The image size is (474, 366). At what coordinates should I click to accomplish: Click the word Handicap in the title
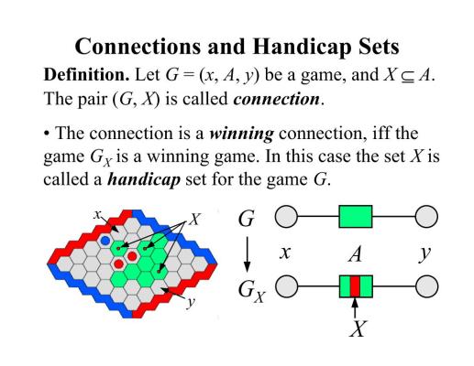301,47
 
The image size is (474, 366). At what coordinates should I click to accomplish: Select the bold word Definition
86,75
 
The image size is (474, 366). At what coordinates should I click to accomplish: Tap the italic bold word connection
276,99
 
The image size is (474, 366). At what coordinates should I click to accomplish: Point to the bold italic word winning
241,135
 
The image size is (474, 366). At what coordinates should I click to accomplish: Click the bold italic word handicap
144,179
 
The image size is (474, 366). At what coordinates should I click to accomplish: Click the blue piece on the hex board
105,241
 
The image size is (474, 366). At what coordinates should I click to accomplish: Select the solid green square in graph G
356,217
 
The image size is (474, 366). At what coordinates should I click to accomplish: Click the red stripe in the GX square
355,286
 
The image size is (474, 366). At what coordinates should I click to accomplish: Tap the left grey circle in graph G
286,216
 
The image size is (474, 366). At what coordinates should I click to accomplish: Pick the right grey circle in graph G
426,216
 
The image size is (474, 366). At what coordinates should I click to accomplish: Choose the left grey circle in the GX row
287,286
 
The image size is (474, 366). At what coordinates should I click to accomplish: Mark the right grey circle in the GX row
426,286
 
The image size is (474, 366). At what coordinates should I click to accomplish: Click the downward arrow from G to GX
247,254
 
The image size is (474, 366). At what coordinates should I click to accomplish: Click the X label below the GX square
357,328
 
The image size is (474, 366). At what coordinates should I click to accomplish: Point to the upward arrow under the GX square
355,308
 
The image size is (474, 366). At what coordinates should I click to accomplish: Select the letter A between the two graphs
356,253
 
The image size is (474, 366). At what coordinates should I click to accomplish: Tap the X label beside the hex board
194,219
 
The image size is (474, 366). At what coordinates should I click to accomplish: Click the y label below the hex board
191,302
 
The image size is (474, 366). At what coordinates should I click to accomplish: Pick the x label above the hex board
97,214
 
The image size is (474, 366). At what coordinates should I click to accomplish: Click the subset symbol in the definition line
408,76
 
